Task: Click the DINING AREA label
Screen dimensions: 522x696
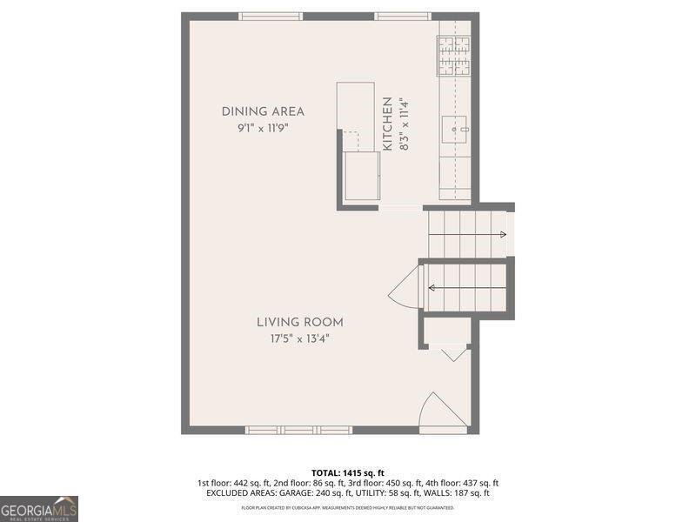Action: click(x=263, y=111)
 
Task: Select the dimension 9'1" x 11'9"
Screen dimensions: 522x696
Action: click(x=263, y=127)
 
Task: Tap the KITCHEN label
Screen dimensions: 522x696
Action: click(x=388, y=124)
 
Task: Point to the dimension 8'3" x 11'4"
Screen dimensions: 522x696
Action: click(x=404, y=124)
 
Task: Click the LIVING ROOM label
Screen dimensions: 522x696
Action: click(x=299, y=322)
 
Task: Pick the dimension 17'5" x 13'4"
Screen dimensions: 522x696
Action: click(x=299, y=338)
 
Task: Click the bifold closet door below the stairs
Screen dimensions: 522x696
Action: click(x=452, y=353)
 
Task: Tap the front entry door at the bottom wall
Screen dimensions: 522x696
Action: click(x=442, y=412)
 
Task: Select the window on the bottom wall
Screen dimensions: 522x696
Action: click(x=298, y=430)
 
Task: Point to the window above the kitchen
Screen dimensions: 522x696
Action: click(x=402, y=16)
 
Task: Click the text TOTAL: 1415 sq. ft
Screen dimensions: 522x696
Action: click(x=348, y=472)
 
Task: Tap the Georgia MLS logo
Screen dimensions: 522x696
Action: click(x=39, y=507)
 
